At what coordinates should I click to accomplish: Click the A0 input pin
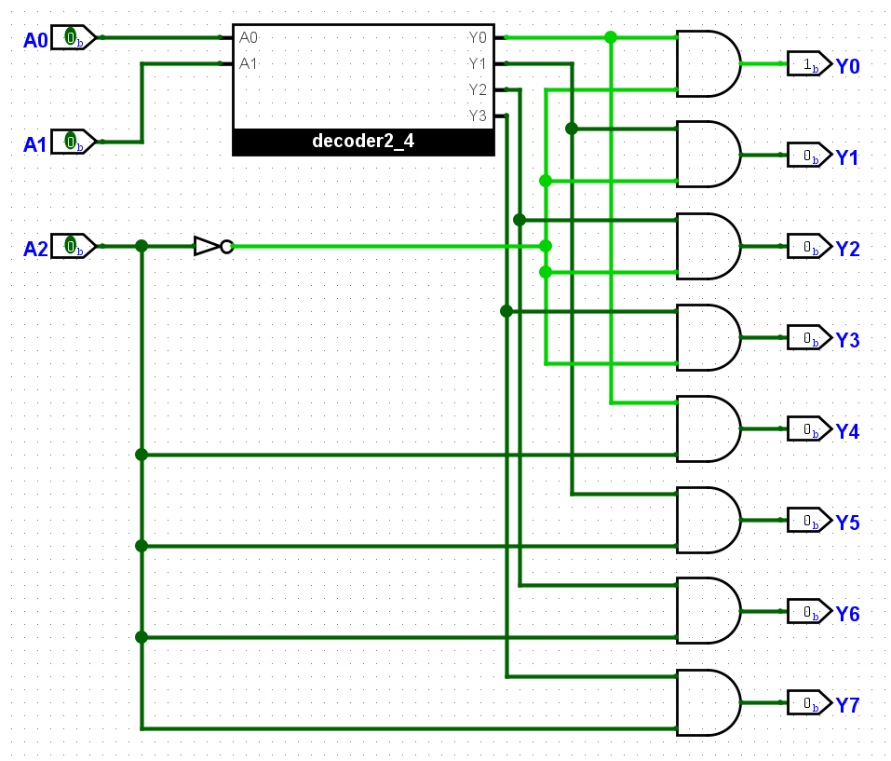pyautogui.click(x=74, y=37)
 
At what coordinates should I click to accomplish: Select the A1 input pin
pyautogui.click(x=74, y=142)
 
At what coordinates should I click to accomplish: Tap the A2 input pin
pyautogui.click(x=74, y=246)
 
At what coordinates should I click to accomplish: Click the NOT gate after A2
pyautogui.click(x=213, y=246)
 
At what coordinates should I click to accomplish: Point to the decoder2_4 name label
pyautogui.click(x=363, y=141)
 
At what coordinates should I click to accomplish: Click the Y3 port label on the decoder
pyautogui.click(x=478, y=116)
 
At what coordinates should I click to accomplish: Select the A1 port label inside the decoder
pyautogui.click(x=249, y=63)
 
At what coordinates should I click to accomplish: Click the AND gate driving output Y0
pyautogui.click(x=709, y=63)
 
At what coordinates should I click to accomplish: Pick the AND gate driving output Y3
pyautogui.click(x=709, y=337)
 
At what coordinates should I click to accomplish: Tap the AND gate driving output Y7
pyautogui.click(x=709, y=703)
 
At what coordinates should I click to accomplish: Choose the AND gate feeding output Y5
pyautogui.click(x=709, y=520)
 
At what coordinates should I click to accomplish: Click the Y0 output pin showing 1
pyautogui.click(x=810, y=63)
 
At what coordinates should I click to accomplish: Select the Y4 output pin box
pyautogui.click(x=810, y=429)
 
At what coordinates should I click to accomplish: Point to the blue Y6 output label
pyautogui.click(x=847, y=614)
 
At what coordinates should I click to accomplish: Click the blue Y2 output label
pyautogui.click(x=847, y=249)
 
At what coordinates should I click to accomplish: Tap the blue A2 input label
pyautogui.click(x=35, y=249)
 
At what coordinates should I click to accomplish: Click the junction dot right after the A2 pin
pyautogui.click(x=142, y=246)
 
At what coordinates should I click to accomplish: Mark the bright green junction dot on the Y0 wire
pyautogui.click(x=611, y=37)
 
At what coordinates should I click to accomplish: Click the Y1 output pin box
pyautogui.click(x=810, y=155)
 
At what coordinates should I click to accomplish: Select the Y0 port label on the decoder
pyautogui.click(x=478, y=37)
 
